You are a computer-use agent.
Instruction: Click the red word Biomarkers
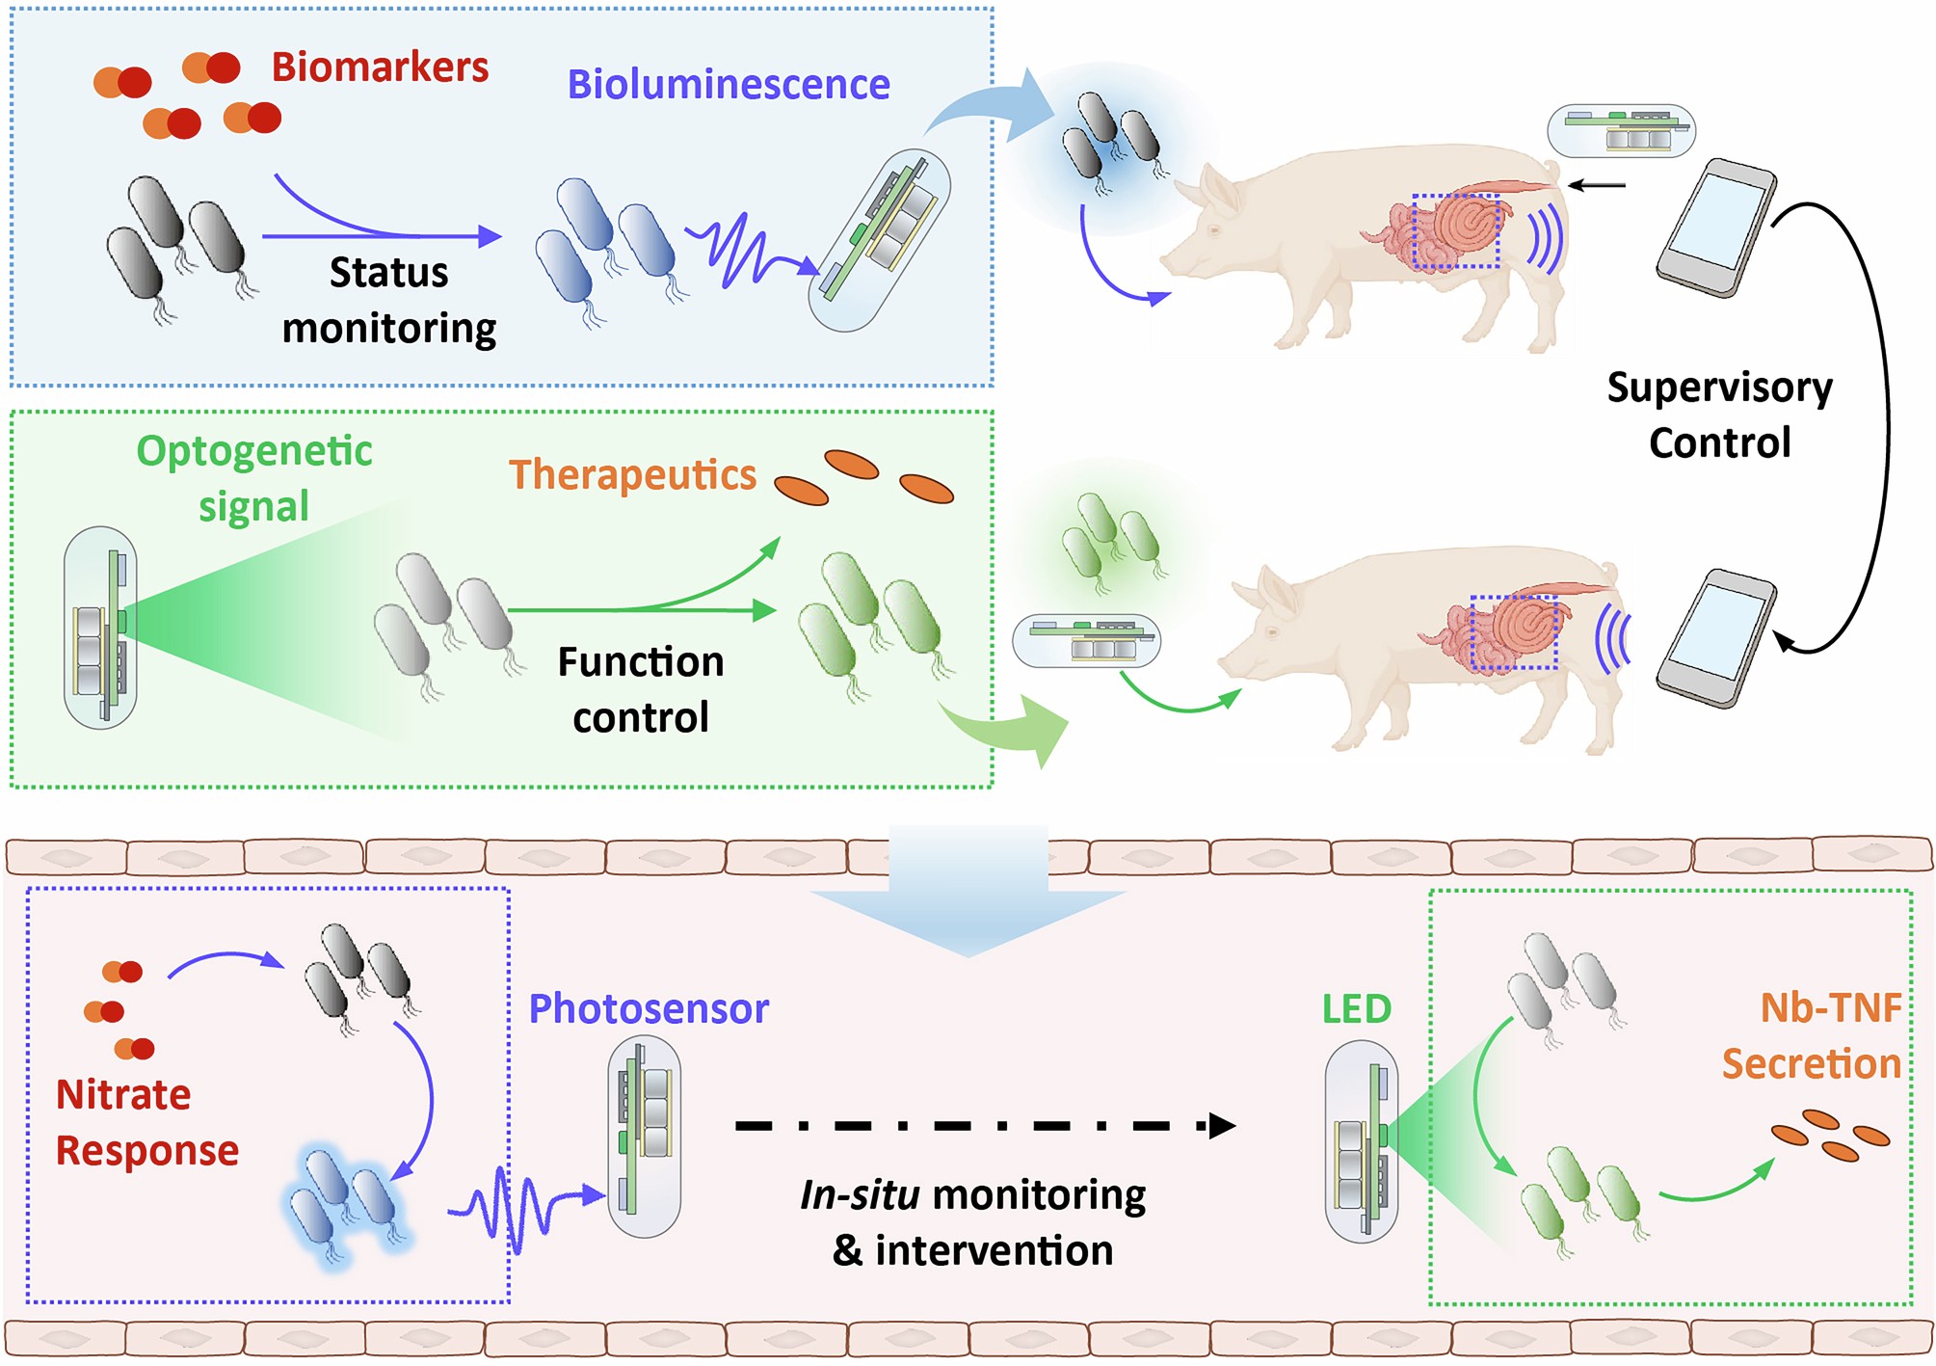point(380,67)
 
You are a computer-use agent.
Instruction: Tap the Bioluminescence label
point(728,85)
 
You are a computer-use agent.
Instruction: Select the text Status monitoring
point(388,300)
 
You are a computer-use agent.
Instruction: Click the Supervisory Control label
point(1719,415)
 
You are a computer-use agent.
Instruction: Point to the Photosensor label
point(649,1008)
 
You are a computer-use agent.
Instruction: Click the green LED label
point(1356,1008)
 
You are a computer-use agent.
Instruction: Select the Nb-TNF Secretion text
point(1812,1035)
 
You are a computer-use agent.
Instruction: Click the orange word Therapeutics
point(632,474)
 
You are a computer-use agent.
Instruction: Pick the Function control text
point(640,689)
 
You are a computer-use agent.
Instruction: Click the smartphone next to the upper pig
point(1717,228)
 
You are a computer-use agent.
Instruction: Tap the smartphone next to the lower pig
point(1717,639)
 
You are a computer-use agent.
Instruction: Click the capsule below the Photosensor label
point(644,1136)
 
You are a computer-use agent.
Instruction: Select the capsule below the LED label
point(1361,1140)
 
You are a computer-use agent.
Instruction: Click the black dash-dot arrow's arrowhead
point(1221,1125)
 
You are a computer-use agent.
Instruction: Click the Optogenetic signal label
point(253,478)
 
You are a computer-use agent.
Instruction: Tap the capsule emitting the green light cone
point(100,627)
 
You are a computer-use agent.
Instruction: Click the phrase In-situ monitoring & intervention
point(972,1222)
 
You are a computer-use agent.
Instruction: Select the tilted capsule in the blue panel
point(879,240)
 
